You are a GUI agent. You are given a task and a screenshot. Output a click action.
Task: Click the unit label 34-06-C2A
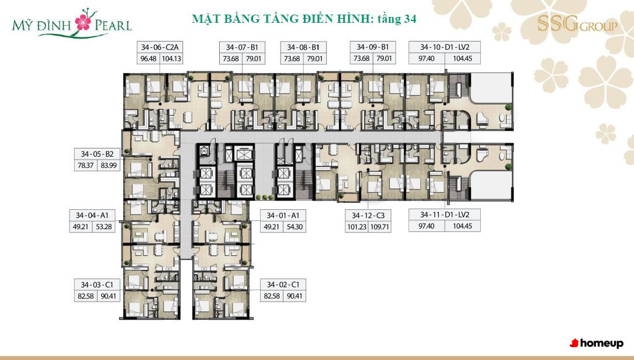[159, 47]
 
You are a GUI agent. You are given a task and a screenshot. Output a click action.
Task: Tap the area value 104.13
[171, 58]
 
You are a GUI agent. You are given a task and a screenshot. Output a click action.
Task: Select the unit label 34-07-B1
[242, 47]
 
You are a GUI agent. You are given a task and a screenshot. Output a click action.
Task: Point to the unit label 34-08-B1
[303, 47]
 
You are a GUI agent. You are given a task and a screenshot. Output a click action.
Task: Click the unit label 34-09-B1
[373, 47]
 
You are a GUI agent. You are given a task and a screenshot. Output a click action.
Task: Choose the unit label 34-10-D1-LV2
[445, 47]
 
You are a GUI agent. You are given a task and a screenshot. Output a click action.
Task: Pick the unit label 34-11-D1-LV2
[445, 215]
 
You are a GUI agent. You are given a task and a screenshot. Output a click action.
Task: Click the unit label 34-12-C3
[368, 216]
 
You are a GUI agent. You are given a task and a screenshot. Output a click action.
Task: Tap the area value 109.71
[380, 227]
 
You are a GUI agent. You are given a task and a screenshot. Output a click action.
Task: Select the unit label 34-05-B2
[97, 154]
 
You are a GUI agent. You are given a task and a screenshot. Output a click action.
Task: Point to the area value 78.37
[86, 165]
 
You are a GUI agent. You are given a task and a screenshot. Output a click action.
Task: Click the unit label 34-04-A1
[92, 216]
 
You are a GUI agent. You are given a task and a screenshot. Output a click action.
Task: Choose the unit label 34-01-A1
[283, 216]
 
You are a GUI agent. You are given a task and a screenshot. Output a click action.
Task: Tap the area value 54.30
[295, 227]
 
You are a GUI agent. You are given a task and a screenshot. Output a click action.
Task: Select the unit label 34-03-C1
[97, 285]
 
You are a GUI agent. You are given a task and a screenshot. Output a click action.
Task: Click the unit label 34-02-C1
[283, 285]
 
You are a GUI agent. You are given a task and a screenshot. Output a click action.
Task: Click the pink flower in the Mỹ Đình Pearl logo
[84, 22]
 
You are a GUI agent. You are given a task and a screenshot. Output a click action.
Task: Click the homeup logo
[597, 344]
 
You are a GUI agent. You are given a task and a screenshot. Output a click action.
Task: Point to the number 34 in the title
[409, 19]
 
